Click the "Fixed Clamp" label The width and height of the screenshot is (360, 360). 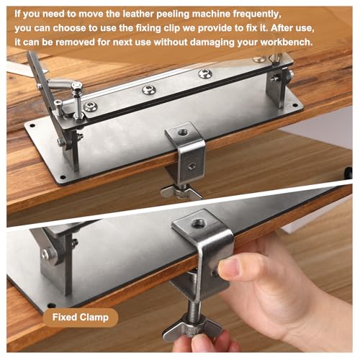pos(81,318)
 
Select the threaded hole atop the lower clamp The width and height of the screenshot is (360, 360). pos(198,224)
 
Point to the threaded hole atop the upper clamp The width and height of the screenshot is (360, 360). pos(183,132)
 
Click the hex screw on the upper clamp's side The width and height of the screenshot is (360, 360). pos(192,166)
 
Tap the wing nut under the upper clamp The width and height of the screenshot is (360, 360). pos(181,192)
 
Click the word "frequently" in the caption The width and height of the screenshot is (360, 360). pos(257,14)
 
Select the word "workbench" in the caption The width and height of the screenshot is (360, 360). pos(287,42)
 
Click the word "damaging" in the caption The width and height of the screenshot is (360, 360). pos(212,42)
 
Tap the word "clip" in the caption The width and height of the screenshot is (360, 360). pos(172,29)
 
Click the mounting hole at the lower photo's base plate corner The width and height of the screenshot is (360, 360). pos(51,306)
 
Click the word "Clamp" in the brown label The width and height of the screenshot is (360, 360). pos(94,318)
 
